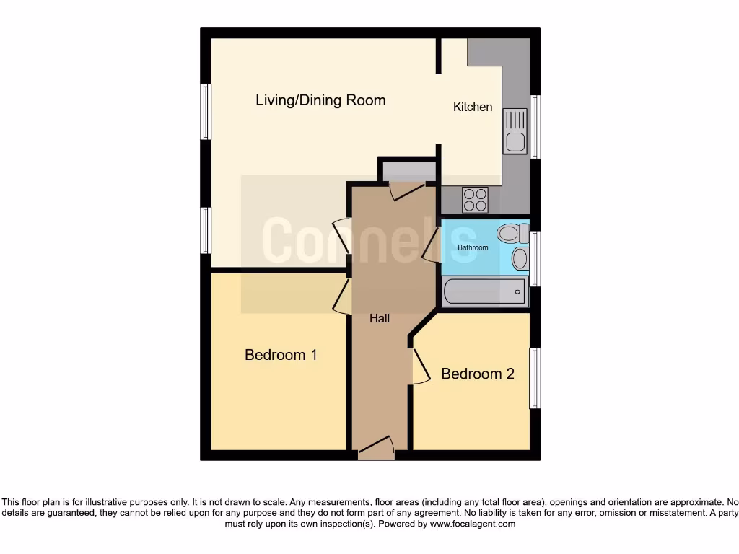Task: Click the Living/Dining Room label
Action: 320,100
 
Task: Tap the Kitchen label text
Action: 473,107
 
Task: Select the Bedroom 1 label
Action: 281,355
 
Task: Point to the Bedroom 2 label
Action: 477,374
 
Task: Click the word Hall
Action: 380,318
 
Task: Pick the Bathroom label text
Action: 473,247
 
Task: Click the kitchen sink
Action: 515,131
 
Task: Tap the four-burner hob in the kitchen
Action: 475,199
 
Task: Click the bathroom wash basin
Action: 520,258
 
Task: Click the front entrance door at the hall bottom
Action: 377,448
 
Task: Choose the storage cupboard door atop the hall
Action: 408,190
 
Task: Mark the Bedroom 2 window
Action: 535,379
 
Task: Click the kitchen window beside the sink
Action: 535,126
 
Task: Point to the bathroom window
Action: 535,259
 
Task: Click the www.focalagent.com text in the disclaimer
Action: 473,524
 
